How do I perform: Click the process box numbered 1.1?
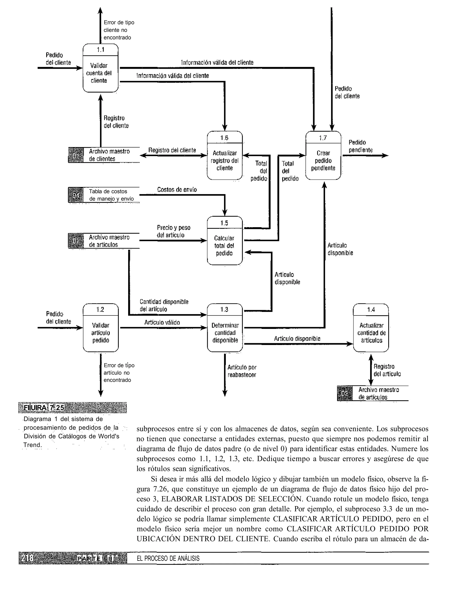[x=100, y=68]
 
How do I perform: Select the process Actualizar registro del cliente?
[x=225, y=156]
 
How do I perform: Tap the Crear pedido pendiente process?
[x=323, y=156]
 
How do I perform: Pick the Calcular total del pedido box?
[x=224, y=241]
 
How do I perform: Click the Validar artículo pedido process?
[x=101, y=328]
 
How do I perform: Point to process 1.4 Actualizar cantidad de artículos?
[x=371, y=328]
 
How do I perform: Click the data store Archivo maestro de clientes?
[x=109, y=155]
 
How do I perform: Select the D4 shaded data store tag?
[x=76, y=195]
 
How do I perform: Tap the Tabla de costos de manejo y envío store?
[x=111, y=195]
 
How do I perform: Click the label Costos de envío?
[x=177, y=190]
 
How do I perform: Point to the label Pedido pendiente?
[x=360, y=146]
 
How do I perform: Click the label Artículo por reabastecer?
[x=242, y=371]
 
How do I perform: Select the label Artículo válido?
[x=162, y=322]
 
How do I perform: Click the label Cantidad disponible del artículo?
[x=164, y=305]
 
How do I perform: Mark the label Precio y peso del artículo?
[x=173, y=231]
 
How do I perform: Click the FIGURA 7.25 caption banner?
[x=72, y=408]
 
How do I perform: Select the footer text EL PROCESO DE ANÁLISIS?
[x=168, y=558]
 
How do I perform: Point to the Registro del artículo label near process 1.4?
[x=387, y=370]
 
